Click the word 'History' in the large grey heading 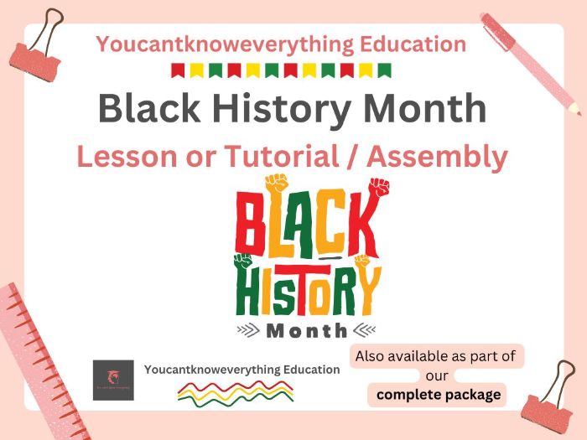coord(294,110)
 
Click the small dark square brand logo coord(113,380)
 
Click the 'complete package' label coord(439,394)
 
